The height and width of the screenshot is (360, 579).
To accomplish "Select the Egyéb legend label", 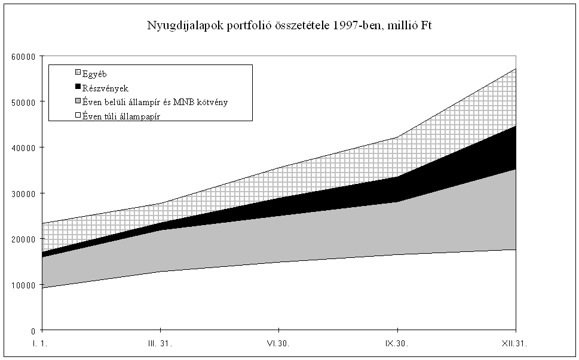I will tap(95, 74).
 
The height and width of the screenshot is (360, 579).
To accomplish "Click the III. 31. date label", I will tap(161, 344).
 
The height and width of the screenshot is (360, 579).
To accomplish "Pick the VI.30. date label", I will tap(279, 344).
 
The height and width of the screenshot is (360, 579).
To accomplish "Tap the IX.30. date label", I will tap(397, 344).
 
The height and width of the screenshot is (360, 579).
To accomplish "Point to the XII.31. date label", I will tap(516, 344).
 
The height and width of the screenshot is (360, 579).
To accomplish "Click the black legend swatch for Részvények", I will tap(77, 88).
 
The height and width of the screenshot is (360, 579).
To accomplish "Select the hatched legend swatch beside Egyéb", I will tap(77, 74).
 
